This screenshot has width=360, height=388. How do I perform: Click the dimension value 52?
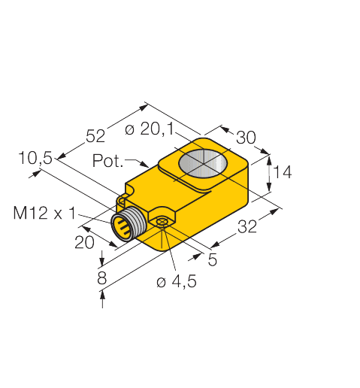point(95,136)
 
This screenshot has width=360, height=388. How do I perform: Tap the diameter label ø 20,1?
point(149,130)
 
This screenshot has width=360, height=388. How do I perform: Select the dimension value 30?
point(246,138)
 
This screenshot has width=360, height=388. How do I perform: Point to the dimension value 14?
point(282,173)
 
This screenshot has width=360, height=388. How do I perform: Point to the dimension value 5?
point(213,261)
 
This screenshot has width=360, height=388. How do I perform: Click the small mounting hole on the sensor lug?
point(161,221)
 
